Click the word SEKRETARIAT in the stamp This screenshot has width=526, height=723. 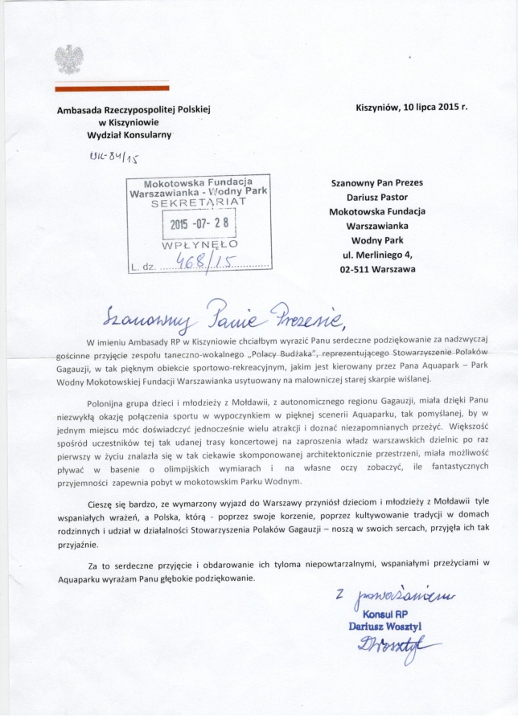(x=196, y=205)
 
